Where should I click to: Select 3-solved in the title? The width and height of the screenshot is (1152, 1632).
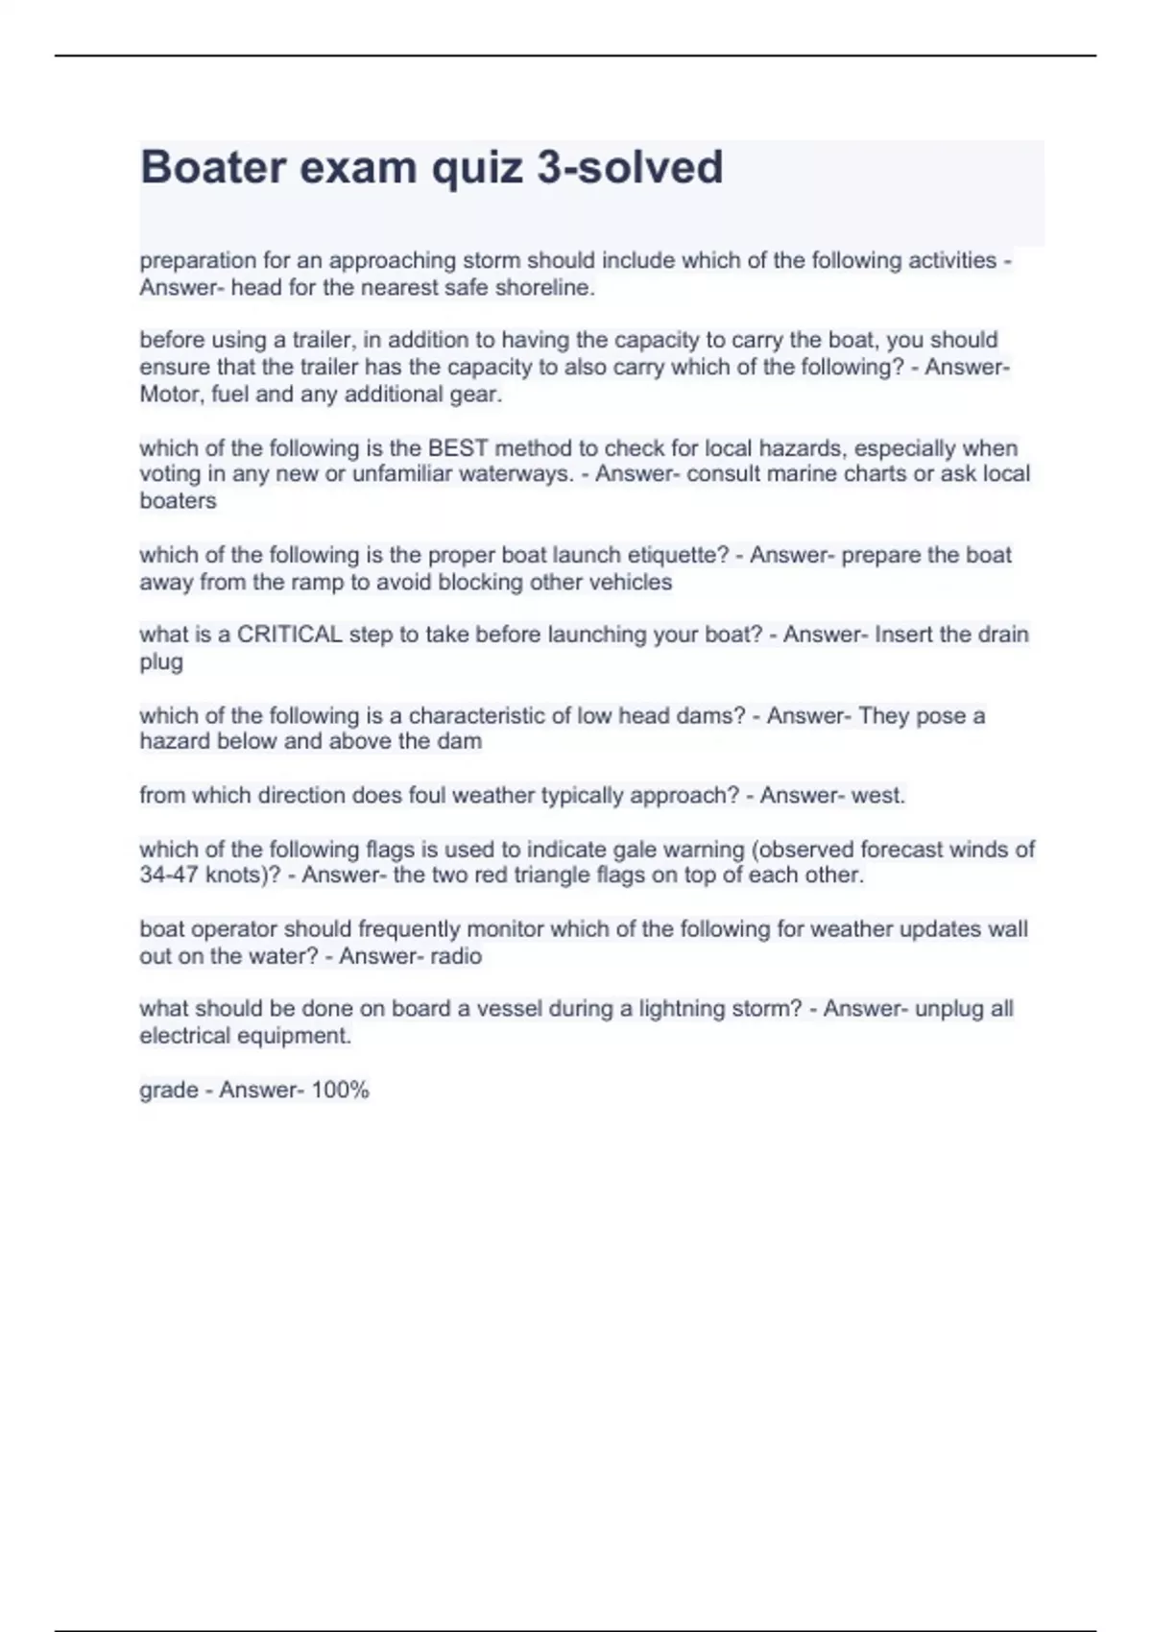point(629,167)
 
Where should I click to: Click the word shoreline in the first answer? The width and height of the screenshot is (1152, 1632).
point(544,288)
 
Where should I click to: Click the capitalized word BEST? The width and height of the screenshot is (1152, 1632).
point(458,448)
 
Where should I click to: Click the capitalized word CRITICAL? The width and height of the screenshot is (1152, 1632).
point(290,635)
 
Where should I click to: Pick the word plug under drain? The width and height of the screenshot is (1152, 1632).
point(160,662)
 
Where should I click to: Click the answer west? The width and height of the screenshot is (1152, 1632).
point(876,796)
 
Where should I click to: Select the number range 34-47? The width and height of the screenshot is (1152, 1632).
point(170,876)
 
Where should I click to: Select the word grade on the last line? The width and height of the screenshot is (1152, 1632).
point(168,1091)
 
